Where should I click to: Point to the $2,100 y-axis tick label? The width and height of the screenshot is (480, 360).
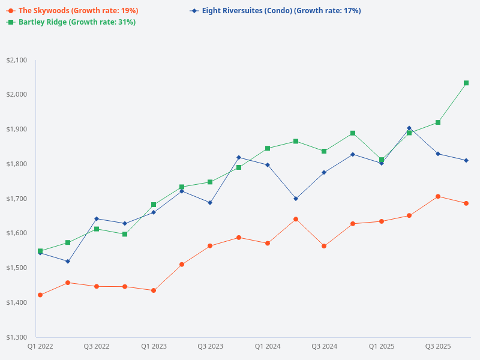[x=16, y=60]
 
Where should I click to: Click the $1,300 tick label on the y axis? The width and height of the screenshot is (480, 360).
[x=16, y=337]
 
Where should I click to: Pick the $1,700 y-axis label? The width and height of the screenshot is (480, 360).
[x=16, y=199]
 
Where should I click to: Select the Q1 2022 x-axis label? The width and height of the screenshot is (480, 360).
[x=40, y=346]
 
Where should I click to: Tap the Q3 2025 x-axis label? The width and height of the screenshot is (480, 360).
[x=438, y=346]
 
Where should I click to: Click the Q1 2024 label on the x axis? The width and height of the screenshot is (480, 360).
[x=268, y=346]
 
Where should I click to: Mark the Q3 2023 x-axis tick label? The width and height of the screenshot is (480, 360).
[x=211, y=346]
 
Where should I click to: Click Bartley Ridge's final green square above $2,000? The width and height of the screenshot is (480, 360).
[x=466, y=83]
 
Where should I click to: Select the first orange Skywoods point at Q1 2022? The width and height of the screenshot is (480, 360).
[x=40, y=295]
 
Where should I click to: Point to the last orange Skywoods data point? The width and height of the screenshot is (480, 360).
[x=466, y=203]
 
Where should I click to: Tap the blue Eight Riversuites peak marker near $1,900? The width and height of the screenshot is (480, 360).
[x=409, y=128]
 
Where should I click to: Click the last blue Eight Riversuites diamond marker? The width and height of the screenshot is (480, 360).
[x=466, y=160]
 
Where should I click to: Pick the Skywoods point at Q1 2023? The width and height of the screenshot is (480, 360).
[x=154, y=290]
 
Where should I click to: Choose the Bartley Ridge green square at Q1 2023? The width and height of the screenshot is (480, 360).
[x=154, y=205]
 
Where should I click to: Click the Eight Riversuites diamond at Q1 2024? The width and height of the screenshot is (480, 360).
[x=268, y=165]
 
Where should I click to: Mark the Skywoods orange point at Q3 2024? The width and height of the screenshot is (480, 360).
[x=324, y=246]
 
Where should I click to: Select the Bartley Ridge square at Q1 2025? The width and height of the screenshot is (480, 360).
[x=381, y=160]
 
